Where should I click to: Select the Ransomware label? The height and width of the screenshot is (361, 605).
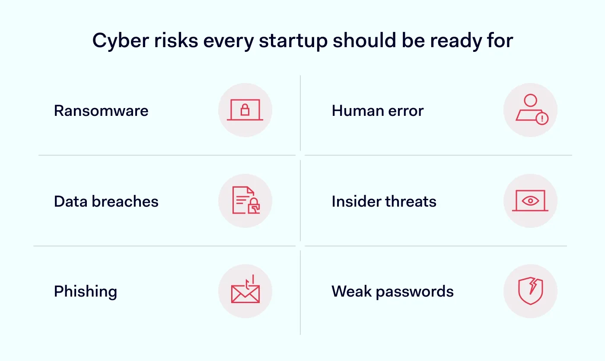coord(101,111)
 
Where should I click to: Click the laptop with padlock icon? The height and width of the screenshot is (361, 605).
coord(245,110)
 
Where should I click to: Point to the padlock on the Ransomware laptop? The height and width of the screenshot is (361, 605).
coord(245,110)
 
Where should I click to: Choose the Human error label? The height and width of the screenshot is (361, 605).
coord(378,111)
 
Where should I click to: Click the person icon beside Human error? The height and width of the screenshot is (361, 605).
coord(530,110)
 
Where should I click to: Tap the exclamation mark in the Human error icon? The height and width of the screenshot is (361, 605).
coord(541,118)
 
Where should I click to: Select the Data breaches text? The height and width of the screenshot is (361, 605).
coord(106,201)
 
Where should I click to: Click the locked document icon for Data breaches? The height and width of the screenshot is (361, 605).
coord(245,201)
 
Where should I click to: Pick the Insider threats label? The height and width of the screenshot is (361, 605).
coord(384,201)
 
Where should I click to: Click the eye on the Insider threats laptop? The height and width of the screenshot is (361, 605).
coord(530,201)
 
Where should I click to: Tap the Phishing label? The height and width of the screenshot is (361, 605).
coord(86,291)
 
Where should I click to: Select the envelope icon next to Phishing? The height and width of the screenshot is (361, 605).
coord(245,293)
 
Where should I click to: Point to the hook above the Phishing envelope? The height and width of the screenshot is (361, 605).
coord(250,281)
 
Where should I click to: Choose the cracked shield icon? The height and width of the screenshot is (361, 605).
coord(530,291)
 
